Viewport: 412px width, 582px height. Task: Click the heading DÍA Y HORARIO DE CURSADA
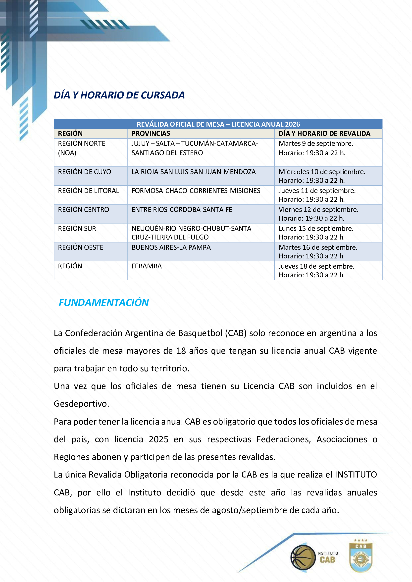tap(119, 95)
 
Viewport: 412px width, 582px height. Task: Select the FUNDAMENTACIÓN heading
tap(103, 302)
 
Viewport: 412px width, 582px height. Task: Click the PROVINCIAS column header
tap(151, 134)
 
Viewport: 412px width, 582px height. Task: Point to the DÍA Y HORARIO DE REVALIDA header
tap(324, 134)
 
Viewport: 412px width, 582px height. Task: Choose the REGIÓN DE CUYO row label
tap(85, 172)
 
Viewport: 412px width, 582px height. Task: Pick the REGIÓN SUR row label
tap(77, 229)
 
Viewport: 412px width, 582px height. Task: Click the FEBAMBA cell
tap(146, 266)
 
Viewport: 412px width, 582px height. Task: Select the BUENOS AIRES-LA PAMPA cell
tap(171, 247)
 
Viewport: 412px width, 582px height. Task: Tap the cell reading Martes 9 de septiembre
tap(316, 144)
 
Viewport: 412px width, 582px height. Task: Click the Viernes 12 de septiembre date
tap(318, 209)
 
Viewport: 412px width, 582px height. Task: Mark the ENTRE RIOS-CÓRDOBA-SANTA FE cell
tap(182, 209)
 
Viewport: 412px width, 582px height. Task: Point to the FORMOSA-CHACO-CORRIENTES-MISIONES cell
tap(196, 191)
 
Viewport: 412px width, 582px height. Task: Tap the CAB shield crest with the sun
tap(360, 557)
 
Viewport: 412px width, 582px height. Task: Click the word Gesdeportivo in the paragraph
tap(81, 404)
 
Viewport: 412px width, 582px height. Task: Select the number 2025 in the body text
tap(158, 439)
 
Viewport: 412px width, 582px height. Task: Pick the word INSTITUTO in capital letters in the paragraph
tap(356, 475)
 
